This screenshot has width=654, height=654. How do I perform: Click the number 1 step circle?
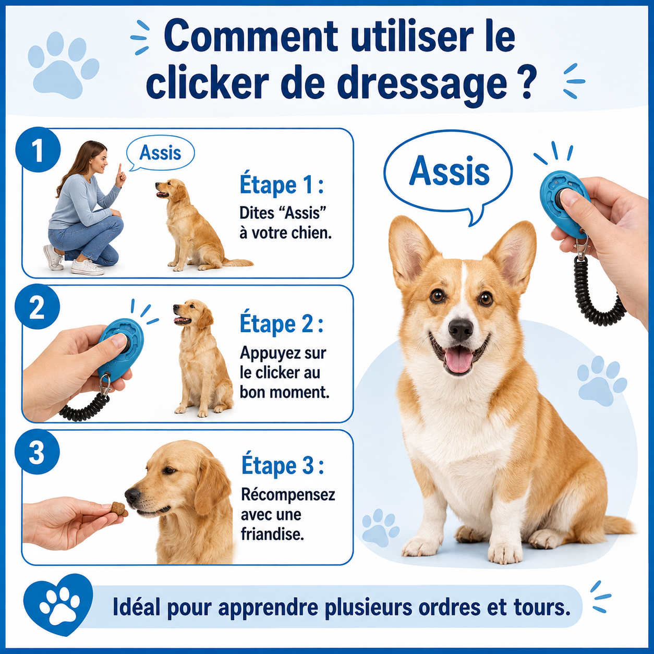click(38, 149)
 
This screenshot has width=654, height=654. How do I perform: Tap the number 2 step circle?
click(38, 307)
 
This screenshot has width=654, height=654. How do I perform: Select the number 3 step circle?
click(37, 452)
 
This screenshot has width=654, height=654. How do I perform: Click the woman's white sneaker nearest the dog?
click(87, 268)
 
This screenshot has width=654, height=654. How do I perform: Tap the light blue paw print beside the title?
click(63, 64)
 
